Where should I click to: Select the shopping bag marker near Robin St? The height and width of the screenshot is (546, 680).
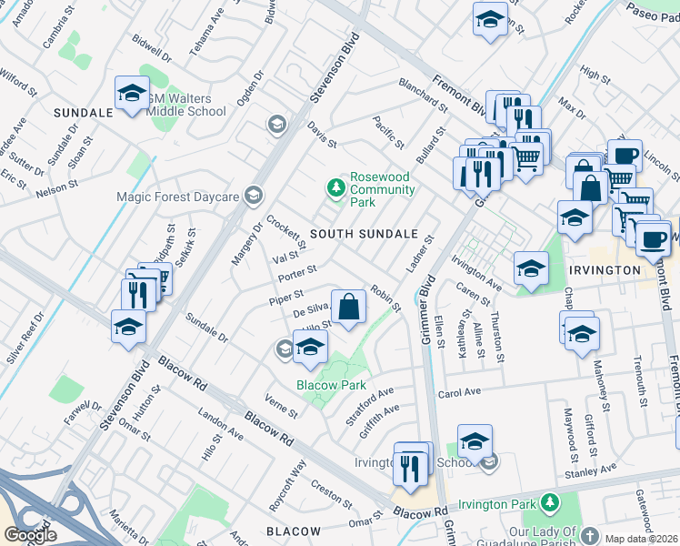pos(349,308)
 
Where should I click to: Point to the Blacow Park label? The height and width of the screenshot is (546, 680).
pos(330,385)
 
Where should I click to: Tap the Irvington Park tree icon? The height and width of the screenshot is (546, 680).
pos(549,502)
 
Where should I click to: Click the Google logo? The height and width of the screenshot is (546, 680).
pos(30,535)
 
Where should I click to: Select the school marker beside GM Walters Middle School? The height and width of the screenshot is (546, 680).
pos(132,94)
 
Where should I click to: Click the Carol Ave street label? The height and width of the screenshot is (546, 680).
pos(458,394)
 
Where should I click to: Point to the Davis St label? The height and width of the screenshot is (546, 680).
pos(322,136)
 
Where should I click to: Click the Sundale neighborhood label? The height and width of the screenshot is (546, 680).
pos(83,112)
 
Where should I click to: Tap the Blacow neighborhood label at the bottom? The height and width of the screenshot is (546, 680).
pos(294,531)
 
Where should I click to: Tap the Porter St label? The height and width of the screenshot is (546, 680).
pos(297,270)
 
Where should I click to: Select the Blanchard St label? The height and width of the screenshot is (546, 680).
pos(423,94)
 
